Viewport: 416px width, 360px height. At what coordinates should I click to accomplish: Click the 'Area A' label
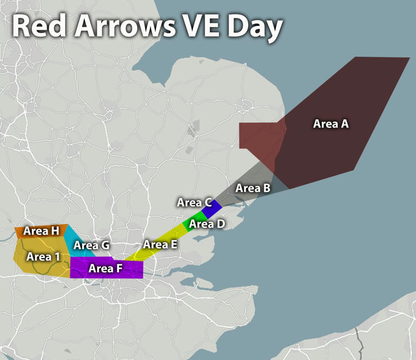330,124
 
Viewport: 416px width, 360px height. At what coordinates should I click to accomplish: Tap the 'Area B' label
253,189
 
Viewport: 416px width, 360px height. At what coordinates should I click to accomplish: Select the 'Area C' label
194,203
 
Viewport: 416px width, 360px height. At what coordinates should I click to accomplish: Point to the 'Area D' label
207,223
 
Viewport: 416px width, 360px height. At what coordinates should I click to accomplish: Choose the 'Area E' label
160,245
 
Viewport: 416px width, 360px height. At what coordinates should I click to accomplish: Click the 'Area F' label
106,268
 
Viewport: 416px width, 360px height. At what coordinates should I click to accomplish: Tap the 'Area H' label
41,231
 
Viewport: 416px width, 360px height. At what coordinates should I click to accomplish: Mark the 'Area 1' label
43,256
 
